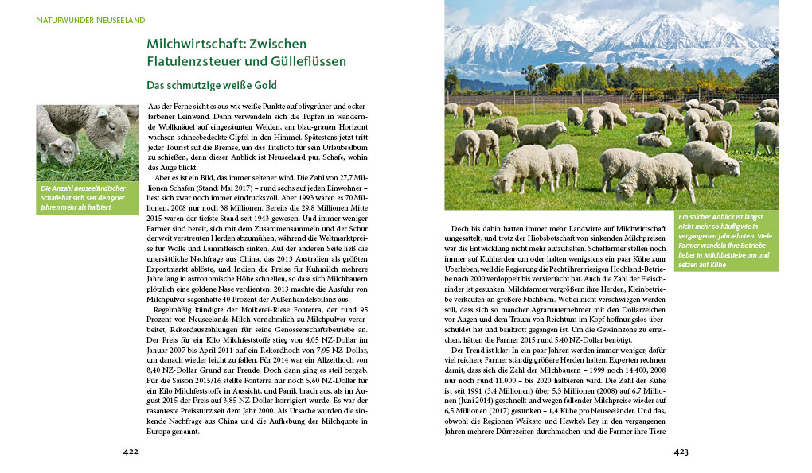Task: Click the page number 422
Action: [x=131, y=452]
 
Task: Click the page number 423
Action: [x=681, y=452]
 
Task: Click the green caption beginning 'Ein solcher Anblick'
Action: [x=725, y=239]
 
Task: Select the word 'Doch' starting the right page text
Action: [x=460, y=228]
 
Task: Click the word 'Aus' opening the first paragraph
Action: [x=155, y=106]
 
